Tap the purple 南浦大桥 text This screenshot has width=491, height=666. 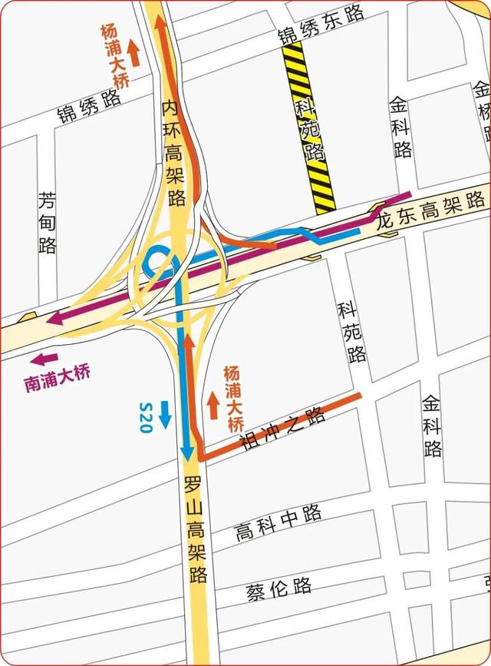(x=58, y=379)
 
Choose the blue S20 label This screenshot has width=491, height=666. (x=147, y=416)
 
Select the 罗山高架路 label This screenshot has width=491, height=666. (x=196, y=530)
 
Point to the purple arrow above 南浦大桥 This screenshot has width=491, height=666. (x=44, y=358)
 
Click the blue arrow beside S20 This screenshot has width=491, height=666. (x=166, y=415)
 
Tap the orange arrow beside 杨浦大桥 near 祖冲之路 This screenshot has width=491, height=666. (x=213, y=404)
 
